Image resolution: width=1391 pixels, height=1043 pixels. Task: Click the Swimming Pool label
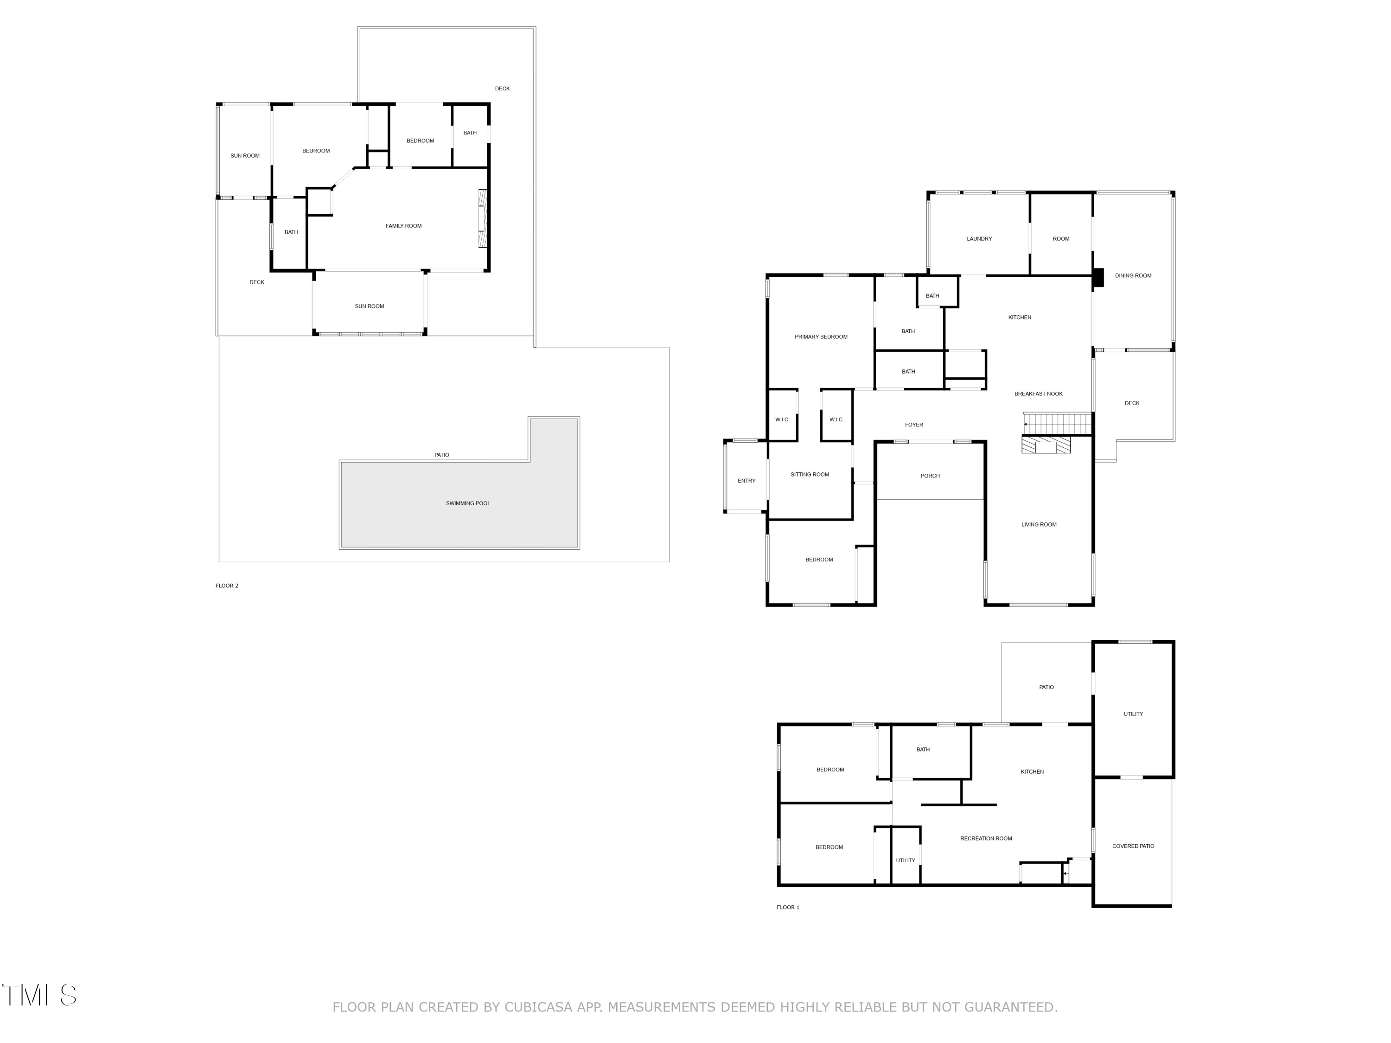(x=468, y=503)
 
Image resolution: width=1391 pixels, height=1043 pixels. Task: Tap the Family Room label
(x=403, y=226)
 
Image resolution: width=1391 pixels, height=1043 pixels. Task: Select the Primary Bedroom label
(x=821, y=337)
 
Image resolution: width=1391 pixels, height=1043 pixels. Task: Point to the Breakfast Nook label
(x=1038, y=394)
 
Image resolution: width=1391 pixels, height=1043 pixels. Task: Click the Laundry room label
(x=979, y=239)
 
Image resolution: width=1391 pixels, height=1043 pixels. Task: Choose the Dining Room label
(x=1133, y=276)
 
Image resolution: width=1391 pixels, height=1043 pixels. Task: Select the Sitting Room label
(x=809, y=475)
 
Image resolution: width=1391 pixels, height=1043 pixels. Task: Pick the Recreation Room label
(x=985, y=839)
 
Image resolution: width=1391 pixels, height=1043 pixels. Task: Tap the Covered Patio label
(x=1133, y=846)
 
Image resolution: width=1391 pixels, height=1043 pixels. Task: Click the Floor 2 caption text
(x=226, y=586)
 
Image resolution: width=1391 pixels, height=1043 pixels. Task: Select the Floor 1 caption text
(x=787, y=907)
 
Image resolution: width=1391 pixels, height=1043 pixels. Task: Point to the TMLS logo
(x=39, y=995)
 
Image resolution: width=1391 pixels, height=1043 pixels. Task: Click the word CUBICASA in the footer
(x=538, y=1007)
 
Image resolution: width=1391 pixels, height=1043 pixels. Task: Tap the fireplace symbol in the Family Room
(x=482, y=218)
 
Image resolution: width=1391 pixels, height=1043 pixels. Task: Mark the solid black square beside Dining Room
(x=1098, y=278)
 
